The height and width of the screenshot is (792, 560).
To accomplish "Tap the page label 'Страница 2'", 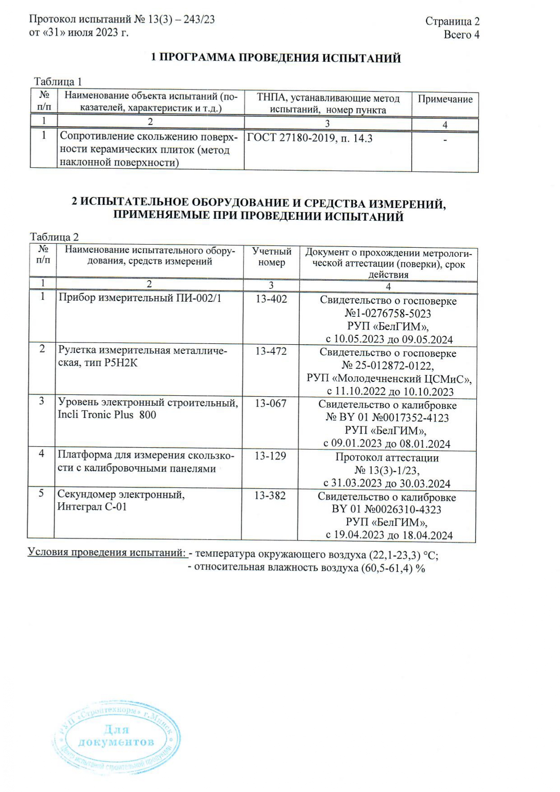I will coord(452,21).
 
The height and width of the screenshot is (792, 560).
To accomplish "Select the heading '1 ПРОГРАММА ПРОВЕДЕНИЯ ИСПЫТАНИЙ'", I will coord(275,58).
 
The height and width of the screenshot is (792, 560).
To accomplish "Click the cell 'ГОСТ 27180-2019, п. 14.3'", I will coord(310,139).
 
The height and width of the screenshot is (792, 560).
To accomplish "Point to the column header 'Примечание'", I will coord(445,99).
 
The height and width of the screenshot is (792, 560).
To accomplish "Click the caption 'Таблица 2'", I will coord(54,237).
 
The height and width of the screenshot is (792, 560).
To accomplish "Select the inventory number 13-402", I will coord(271,299).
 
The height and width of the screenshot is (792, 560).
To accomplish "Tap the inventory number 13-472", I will coord(271,351).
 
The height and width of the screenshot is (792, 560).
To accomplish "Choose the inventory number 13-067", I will coord(271,403).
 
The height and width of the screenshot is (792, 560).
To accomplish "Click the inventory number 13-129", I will coord(270,456).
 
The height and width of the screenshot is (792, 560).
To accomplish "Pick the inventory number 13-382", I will coord(270,496).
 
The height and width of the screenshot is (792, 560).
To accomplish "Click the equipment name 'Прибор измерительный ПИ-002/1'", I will coord(140,298).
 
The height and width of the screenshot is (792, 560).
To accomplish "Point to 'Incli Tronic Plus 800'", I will coord(107,415).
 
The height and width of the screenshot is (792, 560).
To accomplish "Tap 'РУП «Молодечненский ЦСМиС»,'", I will coord(389,378).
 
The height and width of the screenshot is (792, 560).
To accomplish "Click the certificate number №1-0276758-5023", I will coord(388,314).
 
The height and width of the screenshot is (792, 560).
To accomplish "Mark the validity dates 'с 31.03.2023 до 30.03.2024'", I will coord(387,484).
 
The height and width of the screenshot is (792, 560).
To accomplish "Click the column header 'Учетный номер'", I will coord(271,257).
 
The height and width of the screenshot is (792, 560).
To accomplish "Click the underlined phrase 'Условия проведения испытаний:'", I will coord(107,553).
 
